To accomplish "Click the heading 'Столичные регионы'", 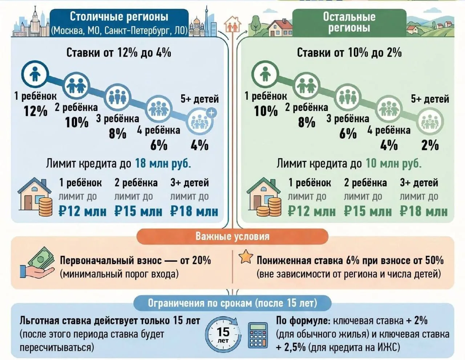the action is pyautogui.click(x=119, y=17).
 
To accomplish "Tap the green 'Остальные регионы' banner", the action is pyautogui.click(x=349, y=22).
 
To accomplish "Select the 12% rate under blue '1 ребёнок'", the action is pyautogui.click(x=35, y=111).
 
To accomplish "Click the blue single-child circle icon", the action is pyautogui.click(x=35, y=74).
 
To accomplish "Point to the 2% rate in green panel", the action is pyautogui.click(x=430, y=146).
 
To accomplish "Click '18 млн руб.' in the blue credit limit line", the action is pyautogui.click(x=163, y=164).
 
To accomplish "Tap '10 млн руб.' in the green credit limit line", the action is pyautogui.click(x=393, y=164).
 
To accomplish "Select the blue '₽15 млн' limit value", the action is pyautogui.click(x=138, y=211).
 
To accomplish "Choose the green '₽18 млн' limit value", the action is pyautogui.click(x=424, y=211).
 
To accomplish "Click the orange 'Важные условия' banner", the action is pyautogui.click(x=232, y=237).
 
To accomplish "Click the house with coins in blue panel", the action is pyautogui.click(x=35, y=197).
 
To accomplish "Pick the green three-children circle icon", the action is pyautogui.click(x=348, y=97).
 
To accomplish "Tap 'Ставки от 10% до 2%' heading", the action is pyautogui.click(x=349, y=53).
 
